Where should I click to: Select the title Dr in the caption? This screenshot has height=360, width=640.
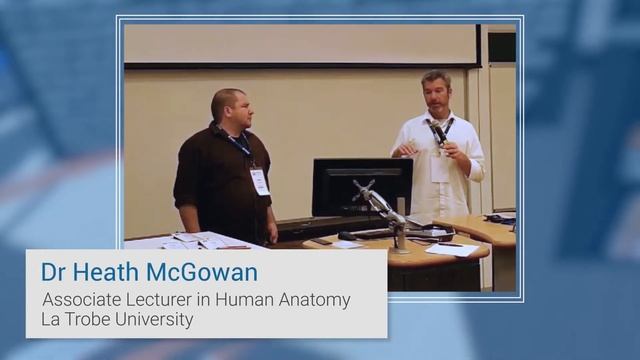point(53,273)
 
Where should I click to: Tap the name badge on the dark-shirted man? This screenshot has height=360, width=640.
point(260,180)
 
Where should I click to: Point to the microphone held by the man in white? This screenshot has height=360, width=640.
point(437,133)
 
